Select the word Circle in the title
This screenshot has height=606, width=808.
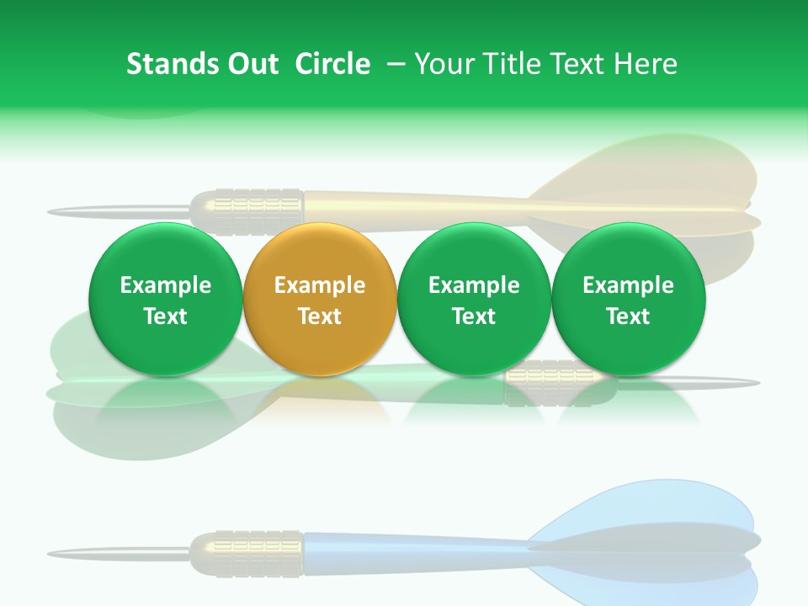click(332, 64)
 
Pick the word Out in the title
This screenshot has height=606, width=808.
click(252, 64)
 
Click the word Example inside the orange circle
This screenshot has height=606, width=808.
click(319, 285)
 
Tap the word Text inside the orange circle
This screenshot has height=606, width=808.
click(319, 316)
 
